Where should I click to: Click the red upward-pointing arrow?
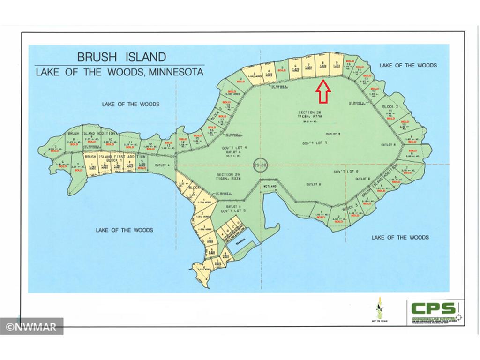click(323, 91)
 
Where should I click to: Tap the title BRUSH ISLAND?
click(121, 57)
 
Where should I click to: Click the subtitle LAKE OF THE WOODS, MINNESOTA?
click(120, 72)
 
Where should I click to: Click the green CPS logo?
click(433, 308)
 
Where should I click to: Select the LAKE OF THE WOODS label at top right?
click(408, 65)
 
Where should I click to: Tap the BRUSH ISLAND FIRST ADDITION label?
click(109, 156)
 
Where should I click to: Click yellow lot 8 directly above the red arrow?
click(322, 68)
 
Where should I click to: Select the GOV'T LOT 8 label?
click(346, 172)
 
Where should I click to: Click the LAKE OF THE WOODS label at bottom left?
click(124, 230)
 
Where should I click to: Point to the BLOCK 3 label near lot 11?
click(388, 107)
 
